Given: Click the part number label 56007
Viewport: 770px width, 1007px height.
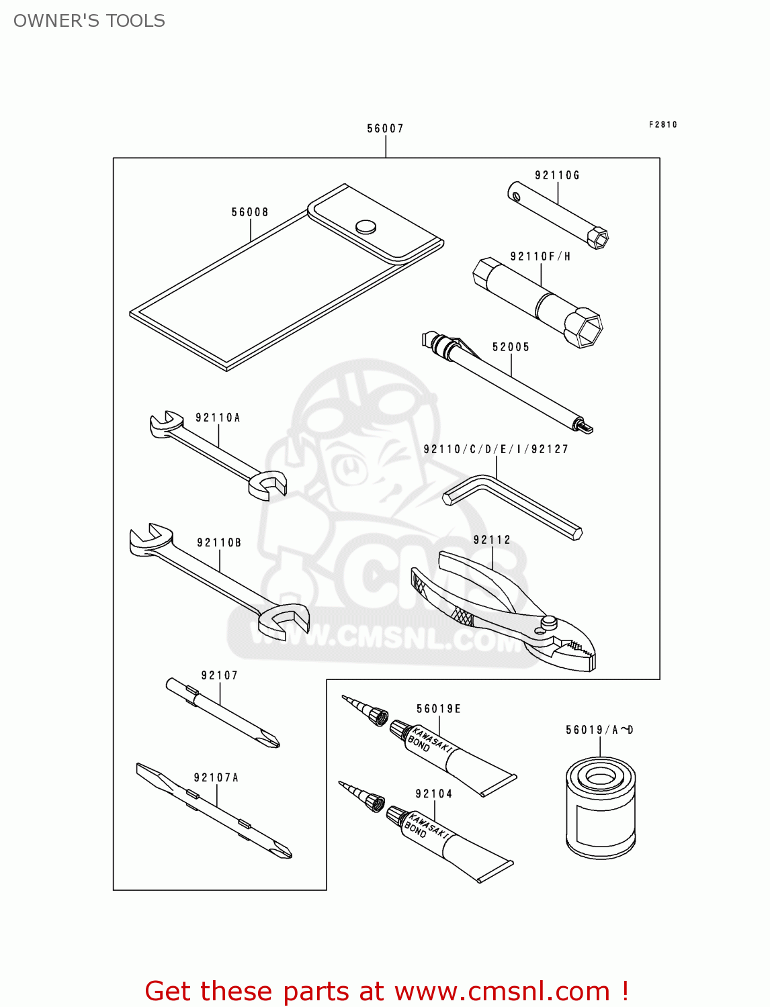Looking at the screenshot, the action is point(385,128).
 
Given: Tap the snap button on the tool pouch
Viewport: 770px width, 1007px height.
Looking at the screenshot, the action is point(366,226).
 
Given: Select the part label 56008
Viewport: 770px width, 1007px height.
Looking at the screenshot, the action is point(250,212).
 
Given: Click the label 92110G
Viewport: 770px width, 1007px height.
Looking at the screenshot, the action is point(557,175).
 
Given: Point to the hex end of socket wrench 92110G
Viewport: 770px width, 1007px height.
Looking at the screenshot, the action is point(597,238).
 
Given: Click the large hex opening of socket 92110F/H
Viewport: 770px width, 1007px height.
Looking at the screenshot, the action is point(583,328).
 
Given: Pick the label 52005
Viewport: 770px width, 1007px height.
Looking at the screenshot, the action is point(511,347).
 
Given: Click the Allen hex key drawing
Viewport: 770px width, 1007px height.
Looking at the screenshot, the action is point(511,506).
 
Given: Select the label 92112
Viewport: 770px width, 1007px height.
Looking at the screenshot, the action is point(492,540).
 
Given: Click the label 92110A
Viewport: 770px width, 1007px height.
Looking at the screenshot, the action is point(218,418).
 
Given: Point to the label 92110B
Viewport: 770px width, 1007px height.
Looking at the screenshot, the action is point(219,542).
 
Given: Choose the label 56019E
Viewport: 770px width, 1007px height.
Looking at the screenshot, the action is point(439,709).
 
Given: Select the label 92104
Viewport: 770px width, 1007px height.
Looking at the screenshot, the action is point(433,794).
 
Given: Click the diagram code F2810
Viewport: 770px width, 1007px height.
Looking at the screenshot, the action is point(662,124).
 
